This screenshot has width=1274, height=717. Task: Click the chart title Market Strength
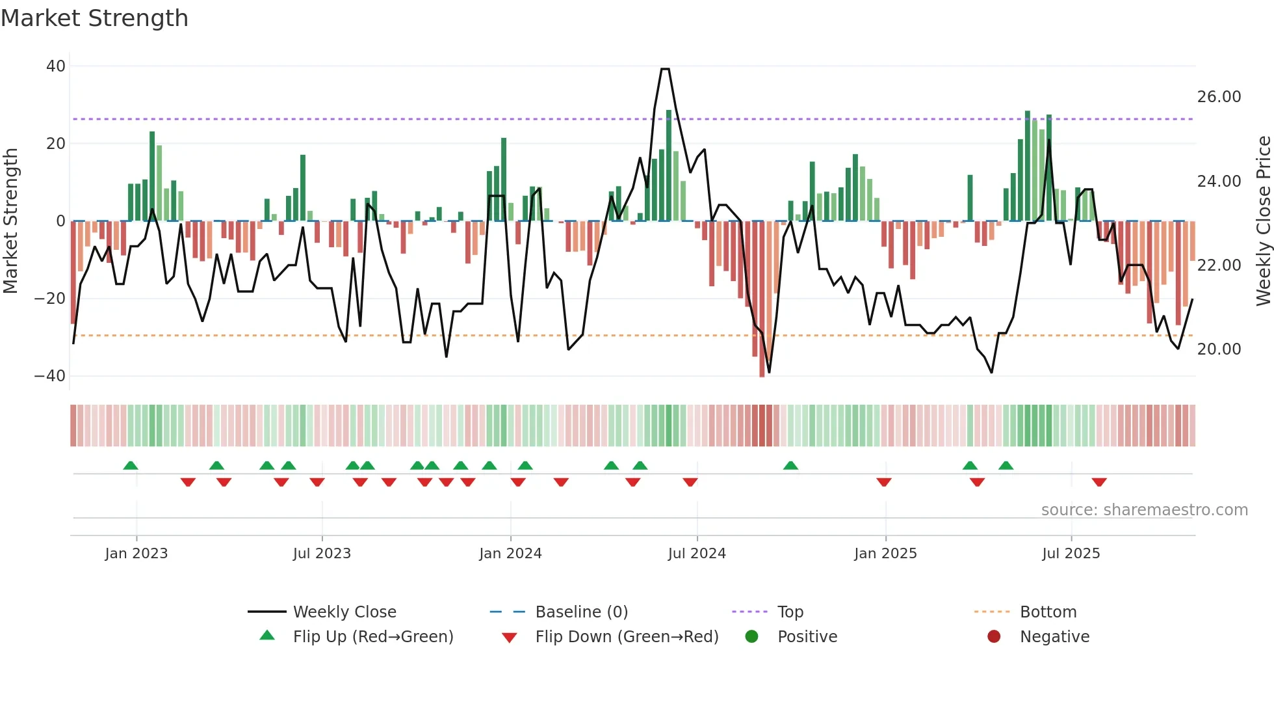[x=94, y=18]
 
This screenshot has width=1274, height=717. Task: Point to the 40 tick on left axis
[x=56, y=66]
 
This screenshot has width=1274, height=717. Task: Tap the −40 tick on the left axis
[x=50, y=376]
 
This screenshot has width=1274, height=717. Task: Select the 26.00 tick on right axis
[x=1219, y=97]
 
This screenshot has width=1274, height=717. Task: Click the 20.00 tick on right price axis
[x=1219, y=349]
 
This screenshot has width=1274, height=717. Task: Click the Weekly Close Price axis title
[x=1263, y=221]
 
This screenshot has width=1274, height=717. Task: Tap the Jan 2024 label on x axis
[x=510, y=554]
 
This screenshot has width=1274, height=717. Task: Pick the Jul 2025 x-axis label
[x=1071, y=554]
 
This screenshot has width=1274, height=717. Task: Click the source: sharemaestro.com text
[x=1144, y=510]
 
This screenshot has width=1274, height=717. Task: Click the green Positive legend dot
[x=752, y=637]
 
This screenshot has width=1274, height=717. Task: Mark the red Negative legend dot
[x=994, y=637]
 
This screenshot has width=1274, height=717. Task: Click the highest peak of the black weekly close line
[x=665, y=69]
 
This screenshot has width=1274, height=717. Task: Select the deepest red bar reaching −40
[x=762, y=299]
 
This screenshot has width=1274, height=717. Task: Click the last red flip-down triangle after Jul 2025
[x=1099, y=482]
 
